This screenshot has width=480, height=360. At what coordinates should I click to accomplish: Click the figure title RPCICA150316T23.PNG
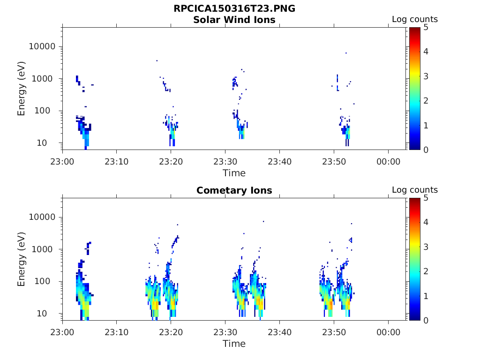(x=234, y=8)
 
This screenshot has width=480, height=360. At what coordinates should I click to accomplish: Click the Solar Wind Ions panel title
(x=234, y=20)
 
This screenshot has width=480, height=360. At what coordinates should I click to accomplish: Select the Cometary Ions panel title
(x=234, y=190)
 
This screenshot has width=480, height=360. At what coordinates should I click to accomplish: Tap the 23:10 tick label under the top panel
(x=117, y=162)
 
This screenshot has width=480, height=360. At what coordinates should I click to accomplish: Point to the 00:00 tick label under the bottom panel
(x=388, y=332)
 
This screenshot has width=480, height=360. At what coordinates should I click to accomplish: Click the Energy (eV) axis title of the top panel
(x=22, y=89)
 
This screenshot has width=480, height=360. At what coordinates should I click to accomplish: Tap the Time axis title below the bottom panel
(x=234, y=344)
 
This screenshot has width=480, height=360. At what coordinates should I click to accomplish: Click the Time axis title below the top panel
(x=234, y=173)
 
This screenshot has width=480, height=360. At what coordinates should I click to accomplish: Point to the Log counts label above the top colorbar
(x=414, y=20)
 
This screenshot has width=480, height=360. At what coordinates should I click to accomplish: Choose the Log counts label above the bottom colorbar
(x=414, y=190)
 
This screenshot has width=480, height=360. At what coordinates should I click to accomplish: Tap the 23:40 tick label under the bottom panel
(x=279, y=332)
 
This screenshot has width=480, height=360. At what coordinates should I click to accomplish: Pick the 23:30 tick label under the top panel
(x=225, y=162)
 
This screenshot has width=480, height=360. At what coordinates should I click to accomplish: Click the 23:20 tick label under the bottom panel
(x=171, y=332)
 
